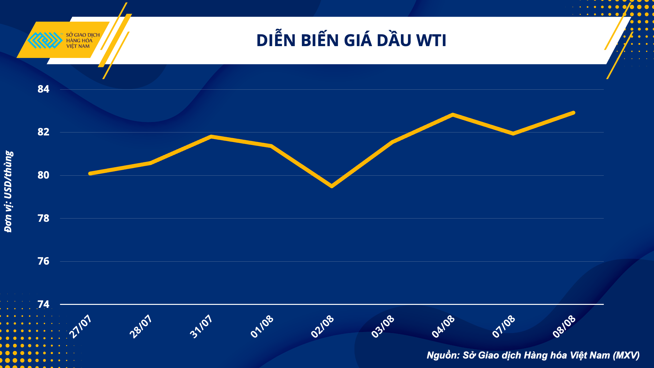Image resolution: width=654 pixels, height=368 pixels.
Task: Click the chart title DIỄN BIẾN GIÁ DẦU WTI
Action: (x=351, y=41)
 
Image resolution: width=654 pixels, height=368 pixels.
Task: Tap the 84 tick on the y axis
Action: (x=43, y=89)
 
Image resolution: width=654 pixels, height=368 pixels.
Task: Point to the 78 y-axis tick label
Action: (x=43, y=218)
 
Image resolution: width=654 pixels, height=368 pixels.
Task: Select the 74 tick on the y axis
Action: (x=43, y=305)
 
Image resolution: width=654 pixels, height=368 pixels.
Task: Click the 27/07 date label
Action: (x=80, y=326)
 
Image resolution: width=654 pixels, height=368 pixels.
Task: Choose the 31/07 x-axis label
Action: (x=201, y=326)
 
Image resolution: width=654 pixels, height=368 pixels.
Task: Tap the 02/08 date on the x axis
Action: (x=322, y=326)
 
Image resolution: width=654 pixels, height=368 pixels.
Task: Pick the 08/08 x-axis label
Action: (x=564, y=326)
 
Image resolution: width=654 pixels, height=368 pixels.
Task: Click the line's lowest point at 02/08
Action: (x=332, y=186)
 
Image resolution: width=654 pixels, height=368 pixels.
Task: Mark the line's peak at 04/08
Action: (x=453, y=115)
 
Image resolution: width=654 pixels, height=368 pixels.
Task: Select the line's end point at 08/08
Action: (x=573, y=113)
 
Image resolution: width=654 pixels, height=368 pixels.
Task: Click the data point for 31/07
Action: (x=211, y=136)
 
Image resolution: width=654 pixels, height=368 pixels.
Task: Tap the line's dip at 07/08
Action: (x=513, y=133)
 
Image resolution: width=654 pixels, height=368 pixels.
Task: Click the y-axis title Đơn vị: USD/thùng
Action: (x=9, y=191)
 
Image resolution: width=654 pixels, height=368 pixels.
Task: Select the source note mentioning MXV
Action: (x=533, y=355)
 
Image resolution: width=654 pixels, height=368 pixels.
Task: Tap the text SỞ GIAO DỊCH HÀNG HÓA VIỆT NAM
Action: (x=82, y=41)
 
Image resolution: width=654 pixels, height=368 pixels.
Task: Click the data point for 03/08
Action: (x=392, y=142)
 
